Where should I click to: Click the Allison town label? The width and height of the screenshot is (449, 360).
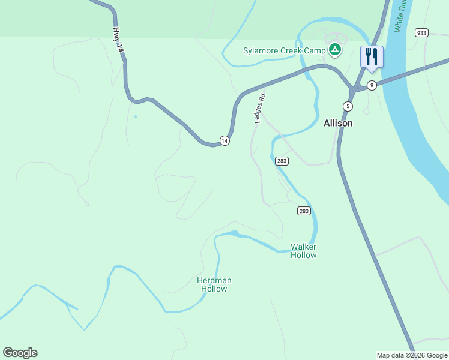point(338,123)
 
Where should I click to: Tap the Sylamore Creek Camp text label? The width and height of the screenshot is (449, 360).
point(284,50)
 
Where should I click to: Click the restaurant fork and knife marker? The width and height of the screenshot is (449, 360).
point(372,58)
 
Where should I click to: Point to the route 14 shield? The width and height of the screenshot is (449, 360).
point(224,140)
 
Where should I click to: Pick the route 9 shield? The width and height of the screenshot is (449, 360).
point(372,85)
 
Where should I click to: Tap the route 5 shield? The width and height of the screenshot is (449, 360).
point(348,106)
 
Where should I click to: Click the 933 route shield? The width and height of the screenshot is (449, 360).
point(421,32)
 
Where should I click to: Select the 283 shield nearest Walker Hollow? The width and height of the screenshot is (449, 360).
point(304,211)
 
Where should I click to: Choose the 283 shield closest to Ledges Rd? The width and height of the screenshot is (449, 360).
point(282,161)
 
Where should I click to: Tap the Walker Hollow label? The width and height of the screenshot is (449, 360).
point(303,251)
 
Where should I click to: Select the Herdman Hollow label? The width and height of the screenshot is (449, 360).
point(214,284)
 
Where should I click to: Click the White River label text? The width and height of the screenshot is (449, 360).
point(401,17)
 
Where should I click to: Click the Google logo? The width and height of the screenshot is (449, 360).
point(20,353)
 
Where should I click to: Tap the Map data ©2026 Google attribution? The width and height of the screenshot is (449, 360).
point(412,355)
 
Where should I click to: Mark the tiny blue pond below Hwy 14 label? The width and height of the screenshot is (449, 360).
point(136,116)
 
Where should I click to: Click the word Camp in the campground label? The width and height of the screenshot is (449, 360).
point(315,50)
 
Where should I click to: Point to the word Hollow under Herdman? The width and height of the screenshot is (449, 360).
point(214,289)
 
